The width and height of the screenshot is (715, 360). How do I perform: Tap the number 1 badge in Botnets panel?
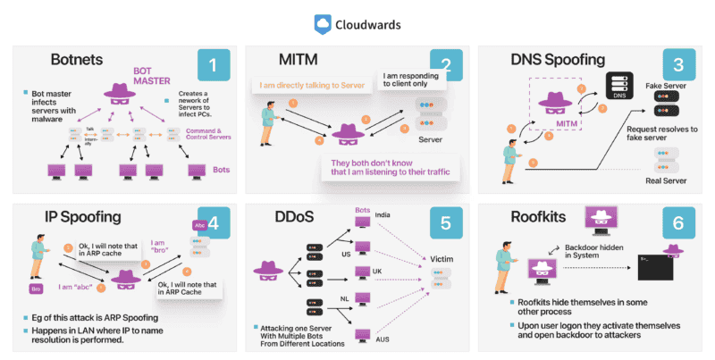point(213,67)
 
